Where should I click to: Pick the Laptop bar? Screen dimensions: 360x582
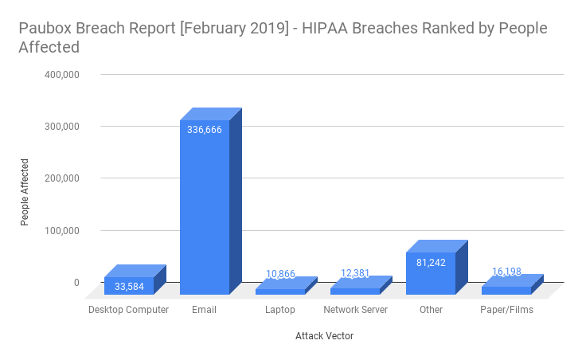click(279, 291)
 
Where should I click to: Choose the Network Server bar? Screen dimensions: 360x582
click(355, 291)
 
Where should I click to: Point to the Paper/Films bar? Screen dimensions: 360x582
click(506, 290)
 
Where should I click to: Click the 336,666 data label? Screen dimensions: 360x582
click(205, 129)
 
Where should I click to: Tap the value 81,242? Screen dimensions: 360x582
click(431, 262)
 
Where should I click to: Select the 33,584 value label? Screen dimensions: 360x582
click(129, 287)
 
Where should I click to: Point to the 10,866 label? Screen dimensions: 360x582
click(279, 275)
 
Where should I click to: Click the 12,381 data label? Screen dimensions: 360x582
click(355, 274)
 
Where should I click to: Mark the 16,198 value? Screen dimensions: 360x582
click(506, 272)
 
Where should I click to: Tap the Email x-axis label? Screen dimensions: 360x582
click(205, 310)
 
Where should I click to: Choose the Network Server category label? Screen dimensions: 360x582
click(355, 310)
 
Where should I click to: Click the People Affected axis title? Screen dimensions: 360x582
click(25, 191)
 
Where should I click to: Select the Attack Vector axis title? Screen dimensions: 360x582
click(324, 336)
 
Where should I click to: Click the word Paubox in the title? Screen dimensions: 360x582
click(45, 29)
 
